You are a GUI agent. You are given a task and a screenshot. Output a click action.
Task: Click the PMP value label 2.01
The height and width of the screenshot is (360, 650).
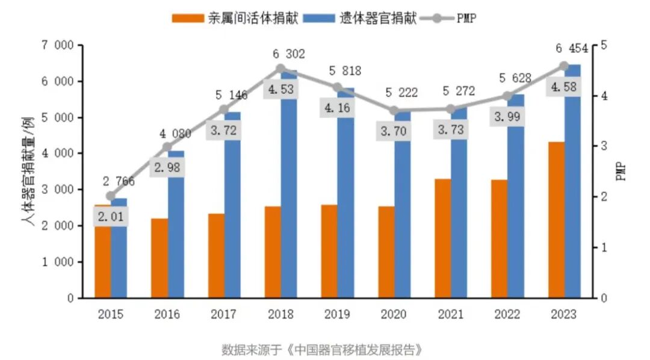pos(110,217)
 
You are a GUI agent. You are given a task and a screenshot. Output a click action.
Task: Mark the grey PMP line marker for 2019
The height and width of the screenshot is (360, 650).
pos(337,88)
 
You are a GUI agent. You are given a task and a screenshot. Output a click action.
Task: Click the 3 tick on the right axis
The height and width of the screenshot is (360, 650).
pos(603,146)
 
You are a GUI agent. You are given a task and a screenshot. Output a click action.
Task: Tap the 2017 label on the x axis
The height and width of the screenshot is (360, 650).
pos(223,314)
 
